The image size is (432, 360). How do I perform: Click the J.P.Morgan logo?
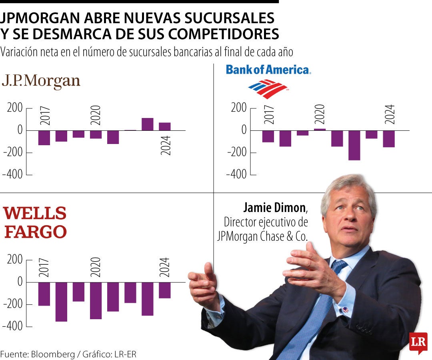pyautogui.click(x=41, y=81)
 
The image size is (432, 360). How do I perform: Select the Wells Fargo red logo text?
pyautogui.click(x=35, y=222)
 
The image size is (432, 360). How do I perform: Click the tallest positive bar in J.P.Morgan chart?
pyautogui.click(x=147, y=124)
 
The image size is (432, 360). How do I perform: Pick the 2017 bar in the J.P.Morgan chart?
pyautogui.click(x=44, y=138)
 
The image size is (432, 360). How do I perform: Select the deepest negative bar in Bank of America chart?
pyautogui.click(x=354, y=145)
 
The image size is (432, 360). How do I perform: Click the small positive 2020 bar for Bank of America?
pyautogui.click(x=320, y=129)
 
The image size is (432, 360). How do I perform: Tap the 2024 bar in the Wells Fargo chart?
pyautogui.click(x=164, y=290)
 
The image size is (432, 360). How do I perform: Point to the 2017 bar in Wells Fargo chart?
pyautogui.click(x=44, y=294)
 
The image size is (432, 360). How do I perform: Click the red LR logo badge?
pyautogui.click(x=418, y=342)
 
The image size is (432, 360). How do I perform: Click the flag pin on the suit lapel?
pyautogui.click(x=345, y=309)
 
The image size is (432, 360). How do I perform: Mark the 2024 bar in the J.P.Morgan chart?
pyautogui.click(x=164, y=126)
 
